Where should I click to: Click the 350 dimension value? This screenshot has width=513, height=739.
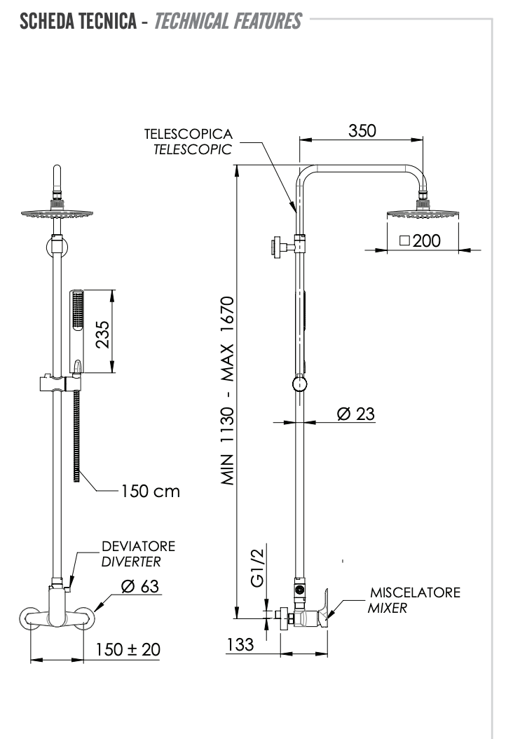(x=362, y=131)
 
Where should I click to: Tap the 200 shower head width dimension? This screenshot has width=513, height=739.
(x=419, y=241)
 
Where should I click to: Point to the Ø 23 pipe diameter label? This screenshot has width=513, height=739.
(x=355, y=414)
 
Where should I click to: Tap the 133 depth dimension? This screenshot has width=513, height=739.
(x=242, y=644)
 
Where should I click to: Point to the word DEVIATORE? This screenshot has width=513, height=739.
(x=138, y=546)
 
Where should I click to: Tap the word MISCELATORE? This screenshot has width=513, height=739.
(x=415, y=593)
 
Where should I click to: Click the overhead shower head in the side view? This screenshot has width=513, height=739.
(x=423, y=213)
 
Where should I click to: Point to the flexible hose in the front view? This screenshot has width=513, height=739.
(x=77, y=435)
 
